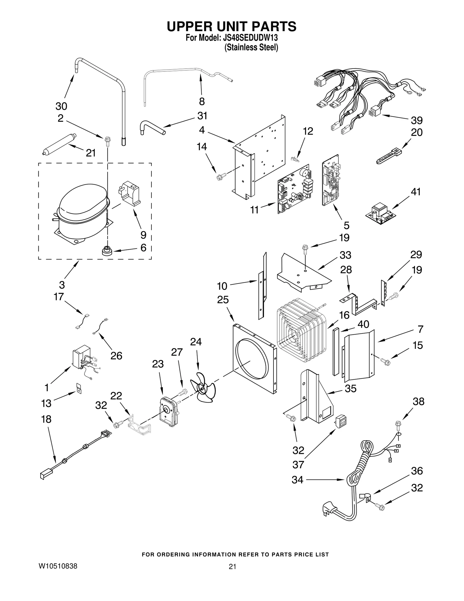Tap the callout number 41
coord(416,192)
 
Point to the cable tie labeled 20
coord(388,156)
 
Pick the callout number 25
coord(223,299)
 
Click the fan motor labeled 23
coord(168,412)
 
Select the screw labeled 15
coord(386,362)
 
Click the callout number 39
coord(417,120)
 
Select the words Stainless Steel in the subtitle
coord(251,48)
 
